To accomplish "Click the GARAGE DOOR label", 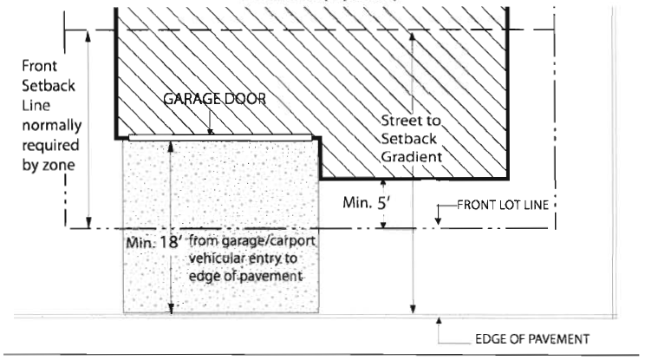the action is point(215,99).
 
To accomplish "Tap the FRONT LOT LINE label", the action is point(503,205).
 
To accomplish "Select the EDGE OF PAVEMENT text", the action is point(532,339).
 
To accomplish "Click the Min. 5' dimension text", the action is point(367,202).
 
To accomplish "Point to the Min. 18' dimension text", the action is point(153,242).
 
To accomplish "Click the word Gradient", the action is point(411,157).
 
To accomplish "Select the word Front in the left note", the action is point(40,66).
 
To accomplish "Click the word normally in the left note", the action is point(52,125).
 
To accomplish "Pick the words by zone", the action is point(49,165).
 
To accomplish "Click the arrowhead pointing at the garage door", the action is point(210,132).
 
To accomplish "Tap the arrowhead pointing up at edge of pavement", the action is point(439,321).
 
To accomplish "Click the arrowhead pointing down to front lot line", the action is point(438,222).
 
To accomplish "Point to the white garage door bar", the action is point(220,137).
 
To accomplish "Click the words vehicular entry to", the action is point(243,259).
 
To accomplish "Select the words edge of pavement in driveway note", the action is point(245,276).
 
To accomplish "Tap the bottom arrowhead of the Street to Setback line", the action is point(413,309).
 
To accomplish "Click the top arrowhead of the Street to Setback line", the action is point(413,37).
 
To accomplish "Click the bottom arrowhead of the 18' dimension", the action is point(171,309).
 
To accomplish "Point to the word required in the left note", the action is point(50,145).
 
